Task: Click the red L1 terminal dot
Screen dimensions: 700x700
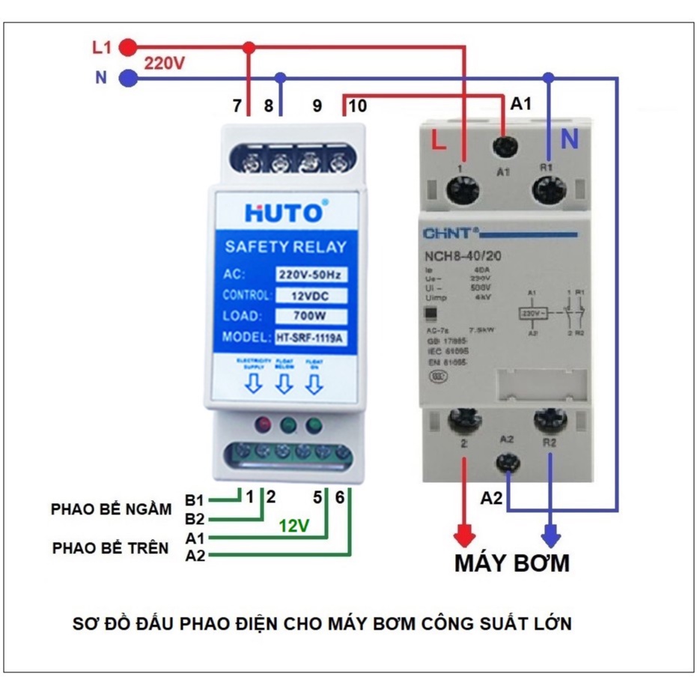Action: tap(129, 47)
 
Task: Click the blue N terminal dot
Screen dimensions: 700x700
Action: tap(129, 77)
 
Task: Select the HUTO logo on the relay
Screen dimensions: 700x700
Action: tap(285, 213)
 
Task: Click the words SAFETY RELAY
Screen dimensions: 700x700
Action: tap(285, 247)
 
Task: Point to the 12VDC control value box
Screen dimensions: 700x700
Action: tap(311, 295)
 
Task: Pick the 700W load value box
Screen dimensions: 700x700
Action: tap(311, 315)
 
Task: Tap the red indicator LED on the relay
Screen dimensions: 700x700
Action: tap(263, 427)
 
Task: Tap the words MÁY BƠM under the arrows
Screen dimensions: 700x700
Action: tap(511, 563)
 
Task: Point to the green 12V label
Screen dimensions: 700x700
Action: tap(294, 526)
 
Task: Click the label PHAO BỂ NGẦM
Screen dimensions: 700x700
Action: tap(112, 509)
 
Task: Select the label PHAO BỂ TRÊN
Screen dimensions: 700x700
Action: tap(111, 547)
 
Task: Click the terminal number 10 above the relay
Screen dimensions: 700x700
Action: tap(357, 106)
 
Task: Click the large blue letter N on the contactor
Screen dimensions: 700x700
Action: tap(570, 139)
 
